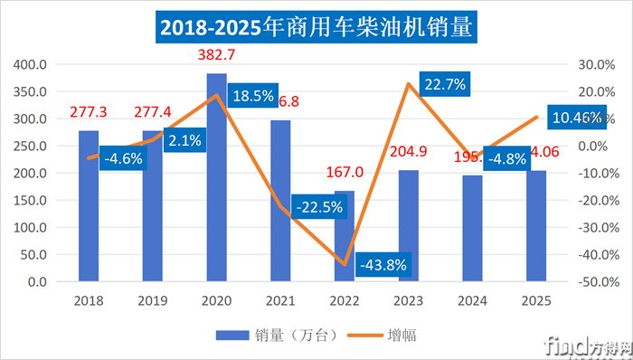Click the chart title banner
(x=316, y=27)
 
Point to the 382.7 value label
(x=216, y=55)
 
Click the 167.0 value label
(x=345, y=172)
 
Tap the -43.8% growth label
(x=386, y=266)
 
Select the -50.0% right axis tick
(x=598, y=282)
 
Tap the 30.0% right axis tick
(x=598, y=65)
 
